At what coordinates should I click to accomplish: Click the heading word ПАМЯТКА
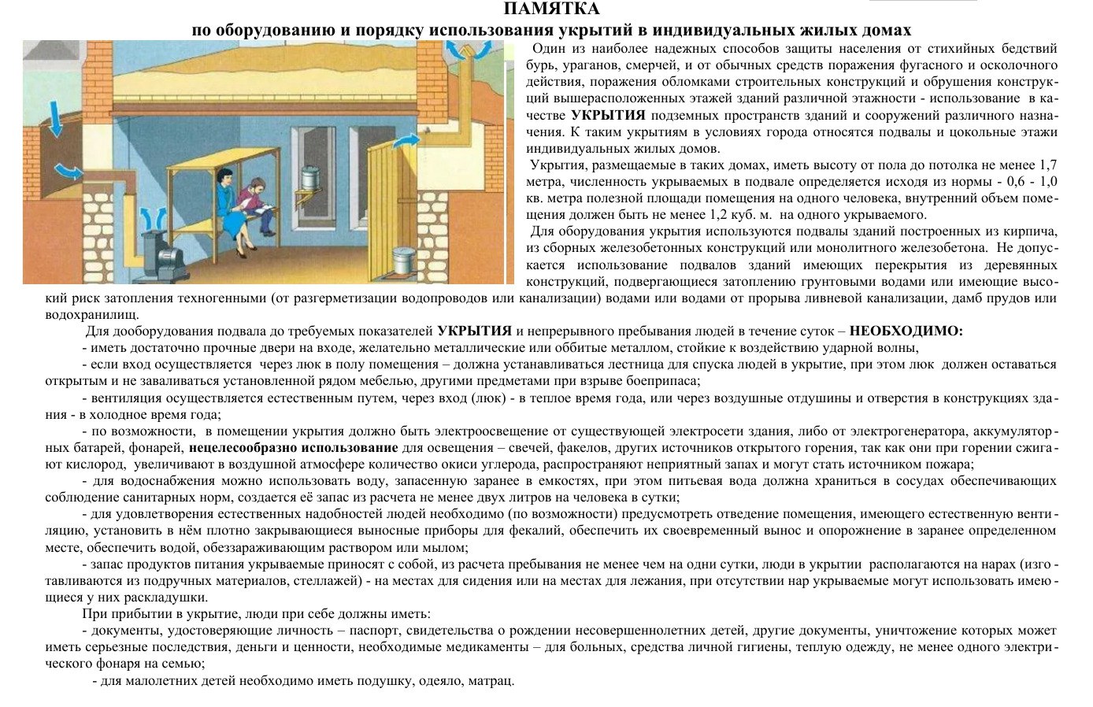click(x=551, y=9)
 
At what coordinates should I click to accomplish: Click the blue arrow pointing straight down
click(x=55, y=118)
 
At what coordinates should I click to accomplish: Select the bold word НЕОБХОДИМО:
click(x=906, y=331)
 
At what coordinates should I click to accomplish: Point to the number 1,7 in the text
click(x=1048, y=165)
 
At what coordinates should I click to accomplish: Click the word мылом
click(x=450, y=547)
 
